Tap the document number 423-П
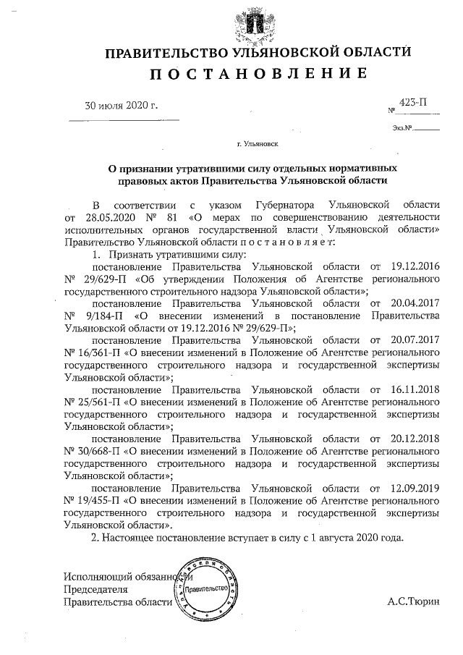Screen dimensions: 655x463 pyautogui.click(x=412, y=103)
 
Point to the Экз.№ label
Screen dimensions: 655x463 pyautogui.click(x=402, y=129)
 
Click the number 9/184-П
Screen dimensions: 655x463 pyautogui.click(x=100, y=316)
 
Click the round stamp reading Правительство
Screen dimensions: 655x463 pyautogui.click(x=206, y=588)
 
